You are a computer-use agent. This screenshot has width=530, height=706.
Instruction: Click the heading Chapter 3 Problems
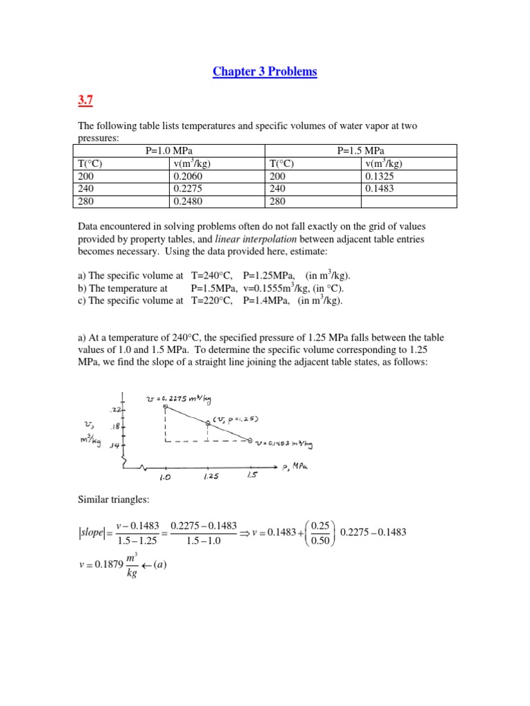click(x=264, y=72)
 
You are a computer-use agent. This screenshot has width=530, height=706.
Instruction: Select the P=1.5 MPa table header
click(x=361, y=151)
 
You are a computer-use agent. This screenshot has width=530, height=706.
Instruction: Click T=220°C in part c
click(x=213, y=301)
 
